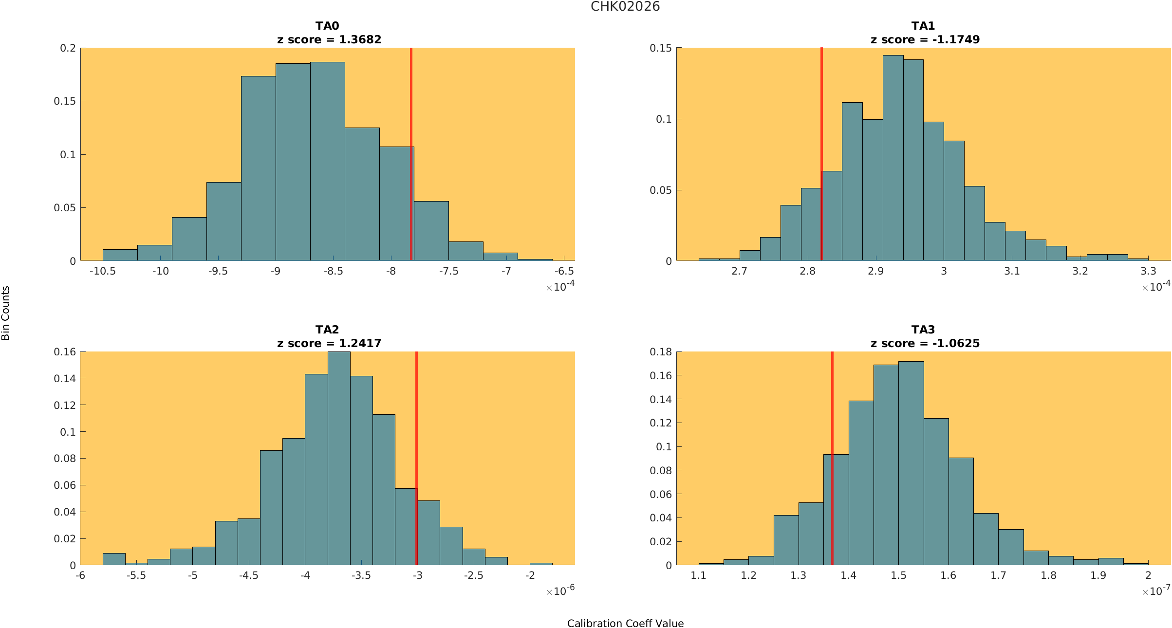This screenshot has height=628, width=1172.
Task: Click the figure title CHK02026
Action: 625,7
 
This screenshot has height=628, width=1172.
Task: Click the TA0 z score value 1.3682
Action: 360,40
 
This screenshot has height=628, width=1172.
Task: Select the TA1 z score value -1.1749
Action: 956,40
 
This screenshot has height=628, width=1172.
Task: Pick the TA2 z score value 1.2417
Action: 360,344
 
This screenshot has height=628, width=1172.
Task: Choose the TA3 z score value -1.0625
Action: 956,344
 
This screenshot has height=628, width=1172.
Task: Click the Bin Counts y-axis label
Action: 5,313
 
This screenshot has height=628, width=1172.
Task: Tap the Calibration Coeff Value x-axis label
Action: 625,624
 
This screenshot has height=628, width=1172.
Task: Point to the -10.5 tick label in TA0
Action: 103,271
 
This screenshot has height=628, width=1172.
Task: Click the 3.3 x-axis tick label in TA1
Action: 1148,271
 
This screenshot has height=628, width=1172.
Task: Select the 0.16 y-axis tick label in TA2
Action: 65,351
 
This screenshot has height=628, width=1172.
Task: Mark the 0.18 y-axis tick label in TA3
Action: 661,351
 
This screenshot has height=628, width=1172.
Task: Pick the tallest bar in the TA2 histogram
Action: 339,458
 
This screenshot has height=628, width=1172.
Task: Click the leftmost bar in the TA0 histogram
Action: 120,255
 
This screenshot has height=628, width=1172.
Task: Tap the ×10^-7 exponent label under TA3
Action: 1156,591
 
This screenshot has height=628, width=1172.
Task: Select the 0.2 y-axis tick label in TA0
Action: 68,48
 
